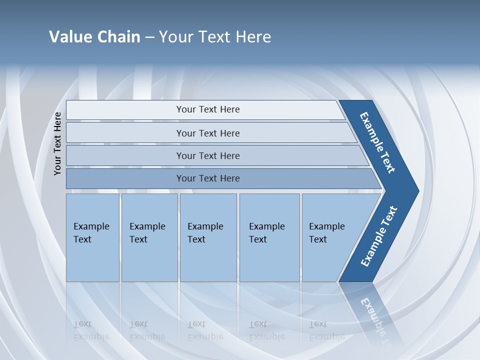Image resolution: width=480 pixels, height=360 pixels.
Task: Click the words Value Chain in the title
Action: point(94,36)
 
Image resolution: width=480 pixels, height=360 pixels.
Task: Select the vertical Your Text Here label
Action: point(57,143)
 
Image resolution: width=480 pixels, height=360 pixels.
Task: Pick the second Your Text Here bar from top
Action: point(208,133)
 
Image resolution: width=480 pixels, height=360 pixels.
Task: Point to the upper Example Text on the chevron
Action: point(377,142)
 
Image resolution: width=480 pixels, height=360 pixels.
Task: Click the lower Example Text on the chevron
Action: point(378,236)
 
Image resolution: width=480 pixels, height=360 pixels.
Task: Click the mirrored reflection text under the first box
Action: point(91,330)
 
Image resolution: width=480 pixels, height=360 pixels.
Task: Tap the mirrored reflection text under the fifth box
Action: point(327,330)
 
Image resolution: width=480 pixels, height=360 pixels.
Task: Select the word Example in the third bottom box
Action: point(205,226)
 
